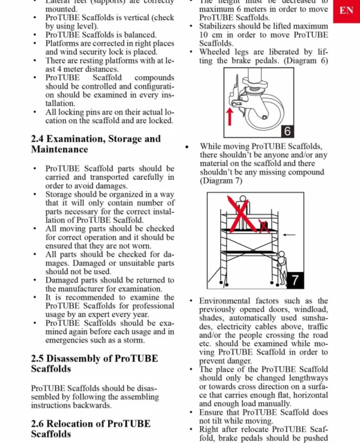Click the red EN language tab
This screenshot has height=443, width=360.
[x=346, y=11]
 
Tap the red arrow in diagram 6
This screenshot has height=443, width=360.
[x=230, y=117]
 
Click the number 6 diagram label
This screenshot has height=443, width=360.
[x=287, y=131]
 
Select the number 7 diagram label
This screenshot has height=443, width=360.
[x=295, y=280]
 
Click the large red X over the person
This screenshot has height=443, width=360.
[x=240, y=214]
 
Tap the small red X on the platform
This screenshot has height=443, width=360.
[x=264, y=226]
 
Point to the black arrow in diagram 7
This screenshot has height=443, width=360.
[x=289, y=235]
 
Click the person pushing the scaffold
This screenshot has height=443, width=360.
[x=282, y=268]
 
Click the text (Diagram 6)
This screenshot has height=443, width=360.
[x=305, y=61]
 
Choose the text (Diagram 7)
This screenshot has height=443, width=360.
[x=221, y=181]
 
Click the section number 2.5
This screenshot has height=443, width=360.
[x=37, y=359]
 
